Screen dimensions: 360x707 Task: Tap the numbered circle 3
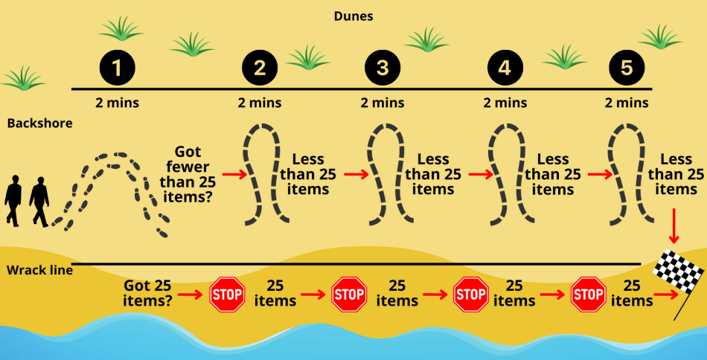pos(382,68)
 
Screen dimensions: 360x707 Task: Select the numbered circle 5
pos(627,68)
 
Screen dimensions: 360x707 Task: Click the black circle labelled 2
pos(260,68)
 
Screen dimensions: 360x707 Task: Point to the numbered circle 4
pos(505,68)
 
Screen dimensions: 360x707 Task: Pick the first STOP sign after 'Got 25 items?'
pos(227,295)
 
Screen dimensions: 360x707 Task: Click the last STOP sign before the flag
pos(588,295)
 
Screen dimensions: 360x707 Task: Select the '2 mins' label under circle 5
pos(627,103)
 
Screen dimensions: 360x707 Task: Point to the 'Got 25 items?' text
pos(147,293)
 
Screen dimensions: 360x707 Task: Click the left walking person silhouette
pos(13,200)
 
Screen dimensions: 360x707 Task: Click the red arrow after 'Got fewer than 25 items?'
pos(233,176)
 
